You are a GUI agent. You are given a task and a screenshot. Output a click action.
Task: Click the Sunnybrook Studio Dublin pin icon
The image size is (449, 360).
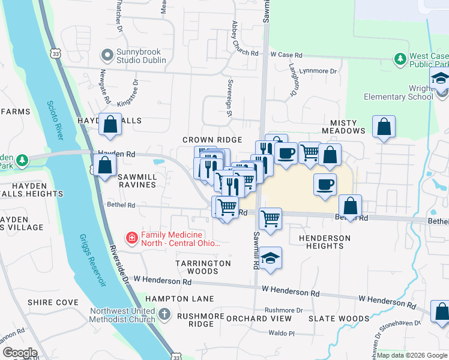point(107,56)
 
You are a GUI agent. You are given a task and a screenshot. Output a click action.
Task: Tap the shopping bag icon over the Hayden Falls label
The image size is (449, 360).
point(110,125)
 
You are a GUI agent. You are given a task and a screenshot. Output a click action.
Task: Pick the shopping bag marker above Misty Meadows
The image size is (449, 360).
point(384,127)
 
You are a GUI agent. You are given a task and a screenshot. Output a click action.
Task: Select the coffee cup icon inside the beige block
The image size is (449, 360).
point(325,184)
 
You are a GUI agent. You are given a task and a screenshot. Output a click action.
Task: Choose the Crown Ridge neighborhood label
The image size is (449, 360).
point(212,140)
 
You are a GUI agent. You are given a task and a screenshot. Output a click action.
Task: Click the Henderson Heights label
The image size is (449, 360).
point(324,242)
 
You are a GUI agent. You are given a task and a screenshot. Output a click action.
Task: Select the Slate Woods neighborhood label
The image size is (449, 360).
point(339,319)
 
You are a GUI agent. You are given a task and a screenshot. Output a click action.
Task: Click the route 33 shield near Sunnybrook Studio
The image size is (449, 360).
point(55,53)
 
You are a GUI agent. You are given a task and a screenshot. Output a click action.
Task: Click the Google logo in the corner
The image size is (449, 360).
point(20,353)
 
